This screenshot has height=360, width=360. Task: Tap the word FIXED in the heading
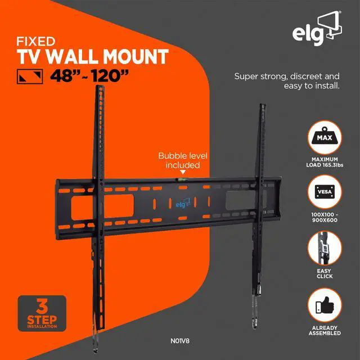(36, 42)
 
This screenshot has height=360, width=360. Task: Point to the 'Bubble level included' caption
(179, 160)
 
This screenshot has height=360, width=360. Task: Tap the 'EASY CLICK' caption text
(325, 274)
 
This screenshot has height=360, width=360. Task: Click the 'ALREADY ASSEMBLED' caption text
(325, 331)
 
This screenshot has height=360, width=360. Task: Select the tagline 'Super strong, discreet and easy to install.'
(287, 82)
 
